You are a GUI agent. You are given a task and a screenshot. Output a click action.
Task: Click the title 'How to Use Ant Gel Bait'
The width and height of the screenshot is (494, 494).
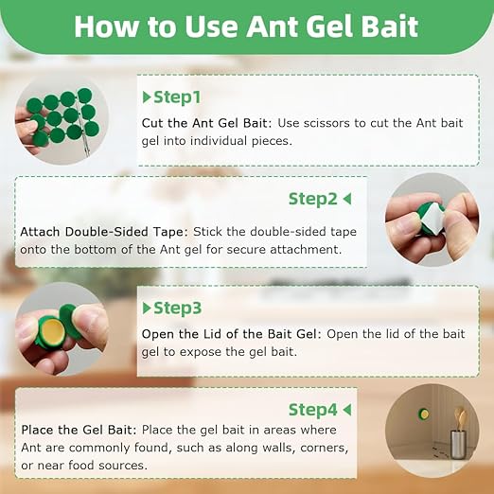coord(246,26)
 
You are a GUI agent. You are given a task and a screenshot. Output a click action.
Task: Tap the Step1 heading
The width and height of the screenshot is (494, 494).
coord(178,97)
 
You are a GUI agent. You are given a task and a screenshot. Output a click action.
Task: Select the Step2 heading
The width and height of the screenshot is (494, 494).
coord(312,199)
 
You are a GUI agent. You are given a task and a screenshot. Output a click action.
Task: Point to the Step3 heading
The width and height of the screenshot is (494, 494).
coord(178,309)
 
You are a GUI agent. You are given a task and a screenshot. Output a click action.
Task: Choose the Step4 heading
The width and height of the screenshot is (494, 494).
coord(312,409)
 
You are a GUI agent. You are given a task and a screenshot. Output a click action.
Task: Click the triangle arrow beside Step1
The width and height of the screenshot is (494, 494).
coord(147,97)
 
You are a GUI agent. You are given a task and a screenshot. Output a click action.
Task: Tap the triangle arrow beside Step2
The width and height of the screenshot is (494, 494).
coord(347,199)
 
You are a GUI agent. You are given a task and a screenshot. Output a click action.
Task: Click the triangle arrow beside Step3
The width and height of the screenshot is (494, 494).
coord(147,309)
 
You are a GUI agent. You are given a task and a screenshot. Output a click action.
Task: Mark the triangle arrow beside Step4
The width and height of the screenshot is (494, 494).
coord(347,409)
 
